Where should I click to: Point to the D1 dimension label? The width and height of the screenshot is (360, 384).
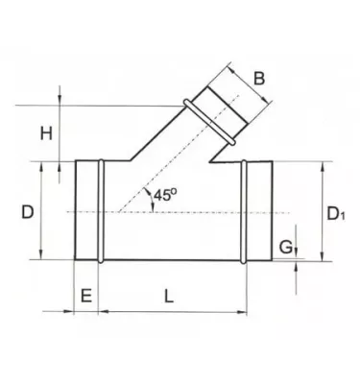(336, 211)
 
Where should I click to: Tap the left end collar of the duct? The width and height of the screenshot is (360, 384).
(87, 210)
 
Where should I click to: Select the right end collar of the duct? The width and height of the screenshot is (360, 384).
(258, 210)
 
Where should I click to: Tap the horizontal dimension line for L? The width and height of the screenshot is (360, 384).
(173, 312)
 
